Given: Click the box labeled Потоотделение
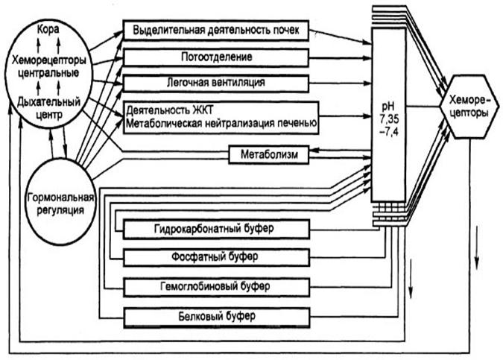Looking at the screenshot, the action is click(x=216, y=57).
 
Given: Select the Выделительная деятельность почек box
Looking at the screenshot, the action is click(x=216, y=31).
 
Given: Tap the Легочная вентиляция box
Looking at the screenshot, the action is click(x=216, y=83).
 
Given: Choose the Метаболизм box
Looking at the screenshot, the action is click(x=269, y=155).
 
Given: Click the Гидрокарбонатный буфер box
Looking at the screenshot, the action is click(x=217, y=229).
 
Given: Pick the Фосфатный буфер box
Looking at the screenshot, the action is click(x=217, y=257).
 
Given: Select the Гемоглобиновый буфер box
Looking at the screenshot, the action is click(x=217, y=287).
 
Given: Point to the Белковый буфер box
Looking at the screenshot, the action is click(x=217, y=318).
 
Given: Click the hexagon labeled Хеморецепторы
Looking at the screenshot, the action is click(x=469, y=107).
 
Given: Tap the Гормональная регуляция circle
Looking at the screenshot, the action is click(x=60, y=201).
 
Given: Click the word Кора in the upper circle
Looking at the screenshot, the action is click(x=48, y=29).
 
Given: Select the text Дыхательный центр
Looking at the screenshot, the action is click(x=48, y=109).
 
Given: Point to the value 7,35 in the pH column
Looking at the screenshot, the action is click(x=390, y=119).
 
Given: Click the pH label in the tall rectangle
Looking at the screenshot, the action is click(x=388, y=107).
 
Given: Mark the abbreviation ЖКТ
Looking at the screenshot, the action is click(x=203, y=110).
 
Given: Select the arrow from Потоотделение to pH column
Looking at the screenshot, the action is click(x=340, y=58).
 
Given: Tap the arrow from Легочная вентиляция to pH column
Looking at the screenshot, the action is click(x=340, y=83).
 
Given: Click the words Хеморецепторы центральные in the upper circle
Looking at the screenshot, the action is click(x=48, y=66).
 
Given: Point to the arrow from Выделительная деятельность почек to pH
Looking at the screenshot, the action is click(x=341, y=37).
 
